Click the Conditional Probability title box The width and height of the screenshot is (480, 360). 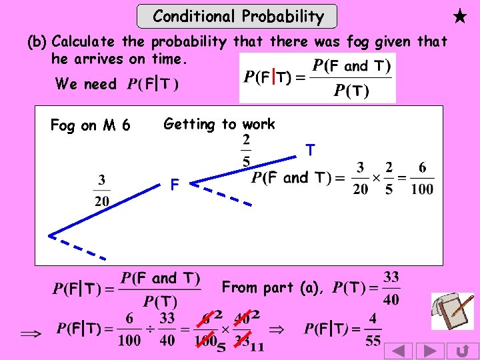tap(237, 16)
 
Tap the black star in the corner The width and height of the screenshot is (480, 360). tap(460, 16)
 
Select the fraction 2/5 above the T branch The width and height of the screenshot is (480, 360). tap(247, 151)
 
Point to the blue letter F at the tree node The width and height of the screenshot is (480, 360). tap(174, 184)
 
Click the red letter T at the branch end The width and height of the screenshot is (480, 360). tap(310, 151)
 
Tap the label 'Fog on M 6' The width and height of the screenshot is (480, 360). tap(91, 125)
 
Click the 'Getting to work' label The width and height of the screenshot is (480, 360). tap(219, 124)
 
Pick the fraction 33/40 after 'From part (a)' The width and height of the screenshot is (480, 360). tap(391, 288)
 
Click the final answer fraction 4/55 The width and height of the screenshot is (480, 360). tap(373, 330)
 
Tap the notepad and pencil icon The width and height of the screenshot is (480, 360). tap(453, 311)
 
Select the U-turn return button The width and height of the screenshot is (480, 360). tap(462, 351)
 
